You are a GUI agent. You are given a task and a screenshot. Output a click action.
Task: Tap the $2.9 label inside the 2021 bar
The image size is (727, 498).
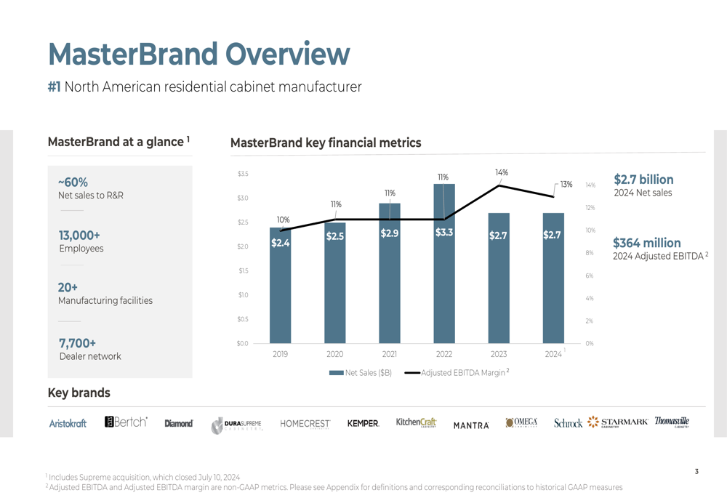pyautogui.click(x=390, y=233)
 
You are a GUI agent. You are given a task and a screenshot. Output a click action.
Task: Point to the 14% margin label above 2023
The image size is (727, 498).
pyautogui.click(x=502, y=172)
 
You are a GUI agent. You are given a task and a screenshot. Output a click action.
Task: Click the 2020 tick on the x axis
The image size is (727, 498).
pyautogui.click(x=334, y=354)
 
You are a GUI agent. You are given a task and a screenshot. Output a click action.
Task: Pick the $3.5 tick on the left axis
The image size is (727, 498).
pyautogui.click(x=243, y=174)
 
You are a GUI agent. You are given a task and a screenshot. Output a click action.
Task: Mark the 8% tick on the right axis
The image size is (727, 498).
pyautogui.click(x=590, y=253)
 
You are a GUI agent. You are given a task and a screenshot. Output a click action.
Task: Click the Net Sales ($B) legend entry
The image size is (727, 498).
pyautogui.click(x=361, y=373)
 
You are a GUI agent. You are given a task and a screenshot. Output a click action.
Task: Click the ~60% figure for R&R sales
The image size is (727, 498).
pyautogui.click(x=73, y=182)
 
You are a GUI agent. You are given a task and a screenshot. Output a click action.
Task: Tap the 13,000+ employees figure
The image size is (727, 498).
pyautogui.click(x=79, y=236)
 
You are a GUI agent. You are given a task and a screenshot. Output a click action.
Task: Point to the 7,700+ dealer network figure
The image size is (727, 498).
pyautogui.click(x=77, y=343)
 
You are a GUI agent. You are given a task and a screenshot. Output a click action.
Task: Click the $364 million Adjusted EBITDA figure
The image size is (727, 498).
pyautogui.click(x=647, y=243)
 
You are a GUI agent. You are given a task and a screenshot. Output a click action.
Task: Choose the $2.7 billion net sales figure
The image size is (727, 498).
pyautogui.click(x=643, y=180)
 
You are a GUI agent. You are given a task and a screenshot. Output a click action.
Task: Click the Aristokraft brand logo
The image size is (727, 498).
pyautogui.click(x=68, y=424)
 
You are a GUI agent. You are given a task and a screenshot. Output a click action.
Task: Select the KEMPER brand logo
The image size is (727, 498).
pyautogui.click(x=363, y=424)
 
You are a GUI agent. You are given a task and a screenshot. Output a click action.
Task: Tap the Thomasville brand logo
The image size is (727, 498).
pyautogui.click(x=672, y=422)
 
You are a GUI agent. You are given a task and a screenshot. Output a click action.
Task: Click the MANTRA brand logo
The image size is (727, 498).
pyautogui.click(x=471, y=425)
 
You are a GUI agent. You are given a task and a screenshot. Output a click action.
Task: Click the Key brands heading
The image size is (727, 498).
pyautogui.click(x=79, y=393)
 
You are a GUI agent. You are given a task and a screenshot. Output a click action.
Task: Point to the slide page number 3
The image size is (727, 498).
pyautogui.click(x=696, y=472)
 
